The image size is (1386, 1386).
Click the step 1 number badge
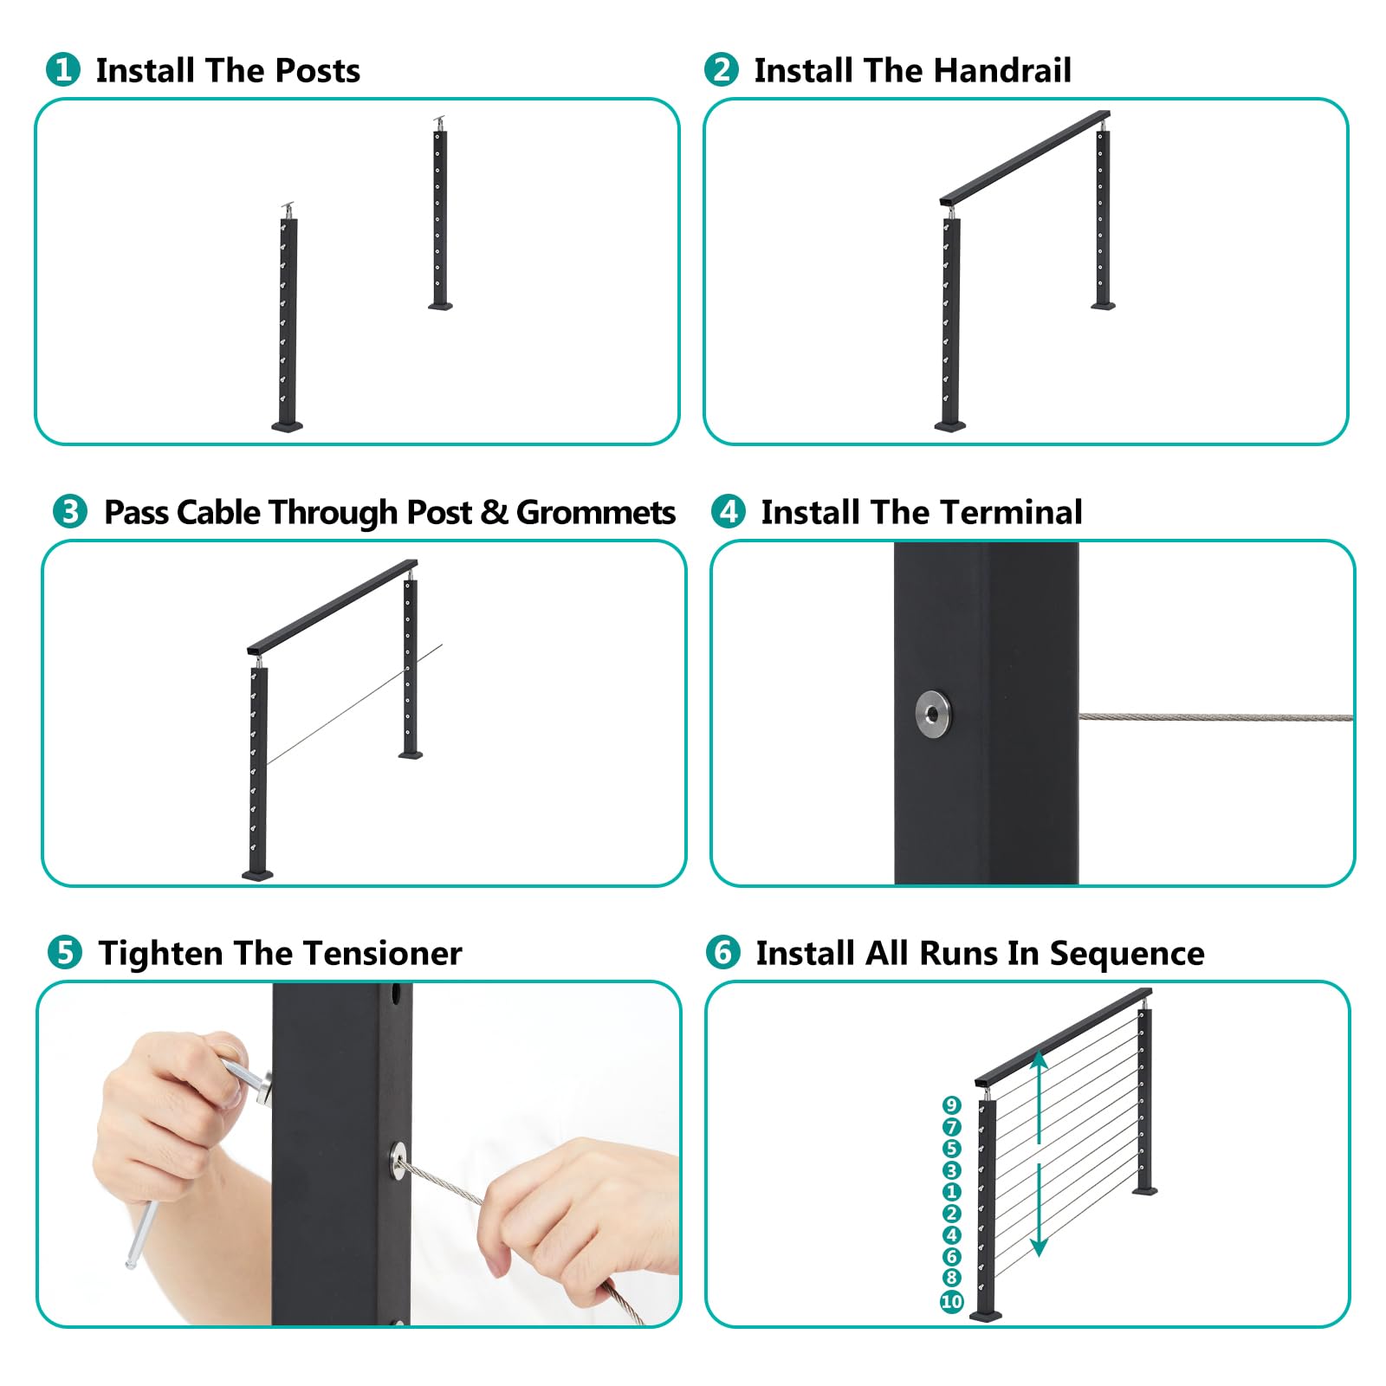click(x=63, y=69)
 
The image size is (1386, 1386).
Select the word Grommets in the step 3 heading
click(x=596, y=512)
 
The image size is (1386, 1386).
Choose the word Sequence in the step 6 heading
click(x=1127, y=954)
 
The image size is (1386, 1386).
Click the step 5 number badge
click(x=65, y=952)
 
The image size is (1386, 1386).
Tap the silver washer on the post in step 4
click(x=932, y=715)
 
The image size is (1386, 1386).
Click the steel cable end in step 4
click(x=1215, y=717)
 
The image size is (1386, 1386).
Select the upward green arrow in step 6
click(x=1039, y=1097)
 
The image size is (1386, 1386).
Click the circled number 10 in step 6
click(x=952, y=1301)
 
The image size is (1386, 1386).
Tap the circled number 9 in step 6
click(x=952, y=1105)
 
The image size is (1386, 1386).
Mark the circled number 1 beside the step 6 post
click(x=952, y=1192)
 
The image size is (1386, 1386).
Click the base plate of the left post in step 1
click(x=288, y=425)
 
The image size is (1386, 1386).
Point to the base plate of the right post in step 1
click(x=440, y=305)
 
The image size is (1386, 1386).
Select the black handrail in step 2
click(x=1025, y=158)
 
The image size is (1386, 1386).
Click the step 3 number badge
click(x=70, y=511)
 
